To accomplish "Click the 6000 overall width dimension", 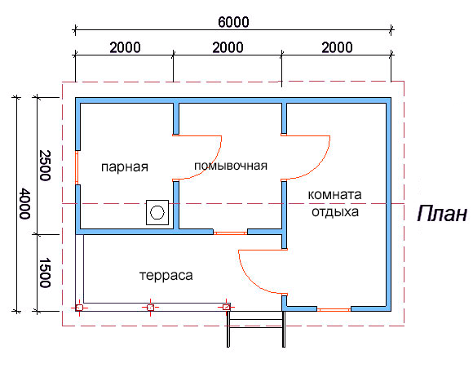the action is click(233, 22).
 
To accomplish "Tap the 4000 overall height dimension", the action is click(24, 203).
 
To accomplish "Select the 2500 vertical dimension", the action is click(45, 166).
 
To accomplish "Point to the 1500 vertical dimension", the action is click(45, 273).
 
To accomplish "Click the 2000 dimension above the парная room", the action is click(125, 47).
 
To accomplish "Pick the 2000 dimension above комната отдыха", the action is click(337, 47).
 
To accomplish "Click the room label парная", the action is click(125, 167).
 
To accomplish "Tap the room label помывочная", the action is click(231, 166).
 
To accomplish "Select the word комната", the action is click(334, 195).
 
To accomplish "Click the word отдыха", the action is click(335, 212).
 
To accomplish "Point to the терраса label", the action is click(166, 275).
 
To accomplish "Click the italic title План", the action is click(442, 214).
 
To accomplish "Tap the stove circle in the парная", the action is click(157, 212).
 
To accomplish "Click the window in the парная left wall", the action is click(77, 167).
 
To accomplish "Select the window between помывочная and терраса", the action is click(231, 233).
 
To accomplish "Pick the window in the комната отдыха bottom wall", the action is click(334, 309).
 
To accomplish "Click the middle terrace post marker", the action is click(150, 308).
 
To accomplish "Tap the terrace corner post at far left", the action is click(79, 308).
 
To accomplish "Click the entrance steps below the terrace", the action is click(256, 329).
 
